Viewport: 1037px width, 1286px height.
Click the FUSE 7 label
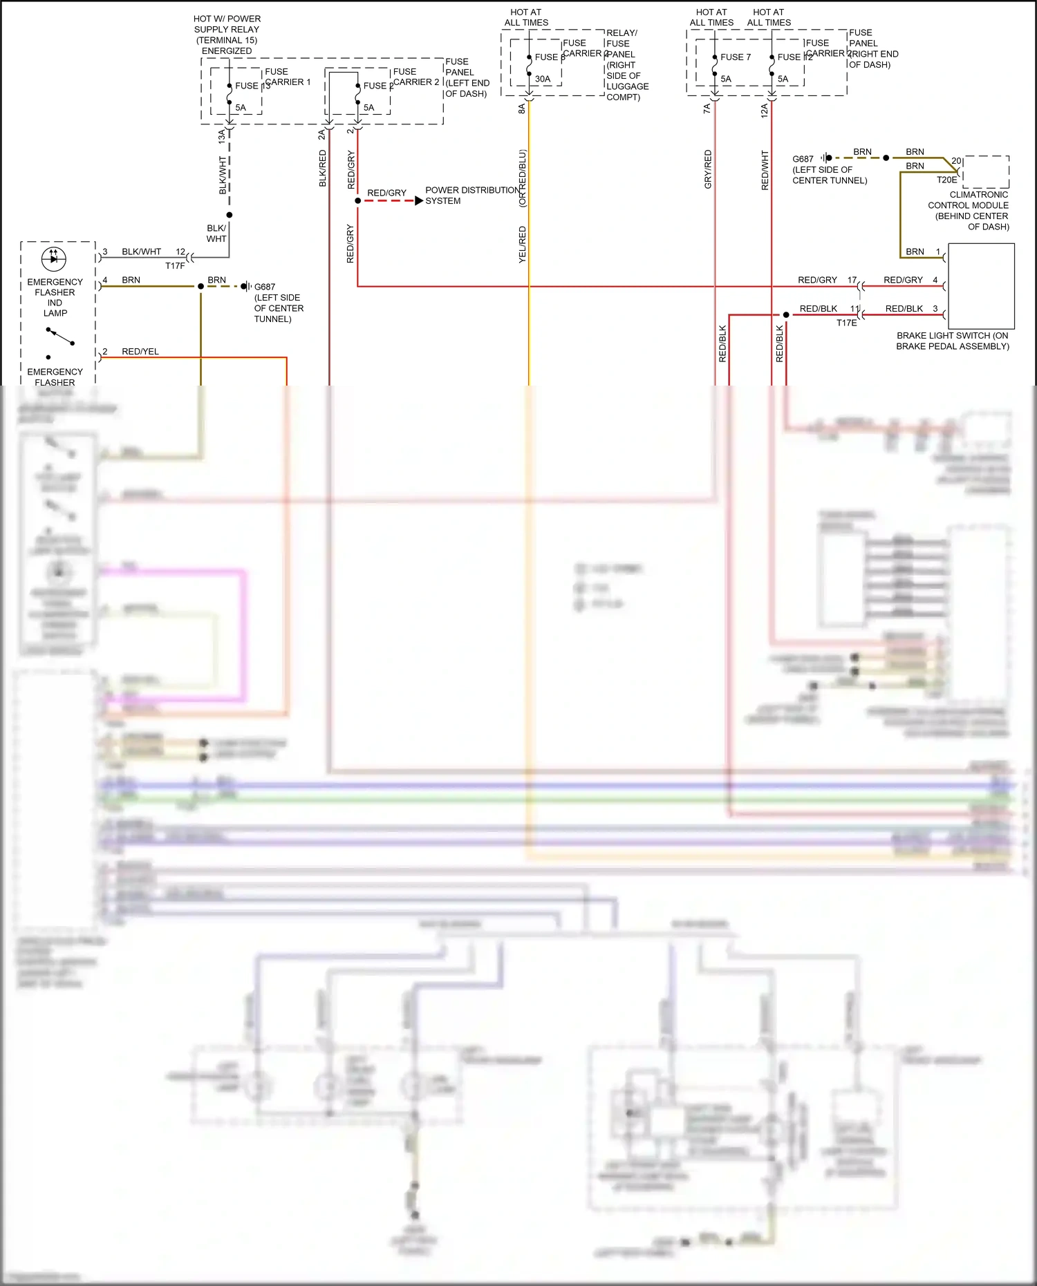(x=735, y=57)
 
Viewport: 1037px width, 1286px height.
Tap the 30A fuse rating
(x=543, y=79)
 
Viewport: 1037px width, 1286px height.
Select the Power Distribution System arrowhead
(x=418, y=201)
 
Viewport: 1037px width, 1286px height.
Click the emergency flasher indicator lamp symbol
(x=54, y=258)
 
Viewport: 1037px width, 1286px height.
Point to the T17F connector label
(x=175, y=266)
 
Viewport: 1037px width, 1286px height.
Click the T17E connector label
(x=846, y=323)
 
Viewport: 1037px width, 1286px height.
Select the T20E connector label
(x=946, y=180)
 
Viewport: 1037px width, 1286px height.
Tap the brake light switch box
(x=981, y=286)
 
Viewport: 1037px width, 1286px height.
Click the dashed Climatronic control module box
(x=986, y=171)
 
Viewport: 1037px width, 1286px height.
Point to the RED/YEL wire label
(x=140, y=352)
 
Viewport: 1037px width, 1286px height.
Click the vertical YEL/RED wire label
(x=523, y=245)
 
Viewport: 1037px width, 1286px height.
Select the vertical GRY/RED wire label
(x=708, y=169)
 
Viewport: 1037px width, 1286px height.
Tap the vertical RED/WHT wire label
(x=765, y=170)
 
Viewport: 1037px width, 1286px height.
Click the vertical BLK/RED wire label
(x=323, y=169)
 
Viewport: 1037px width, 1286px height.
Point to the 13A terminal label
(x=222, y=136)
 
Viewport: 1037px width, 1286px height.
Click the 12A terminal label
(x=764, y=111)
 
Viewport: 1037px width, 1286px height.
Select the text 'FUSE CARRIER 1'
(x=287, y=77)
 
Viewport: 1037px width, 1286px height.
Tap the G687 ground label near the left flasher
(x=265, y=287)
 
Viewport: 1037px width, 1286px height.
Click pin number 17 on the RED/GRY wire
(x=852, y=280)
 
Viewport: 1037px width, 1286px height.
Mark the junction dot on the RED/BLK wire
(x=786, y=315)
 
